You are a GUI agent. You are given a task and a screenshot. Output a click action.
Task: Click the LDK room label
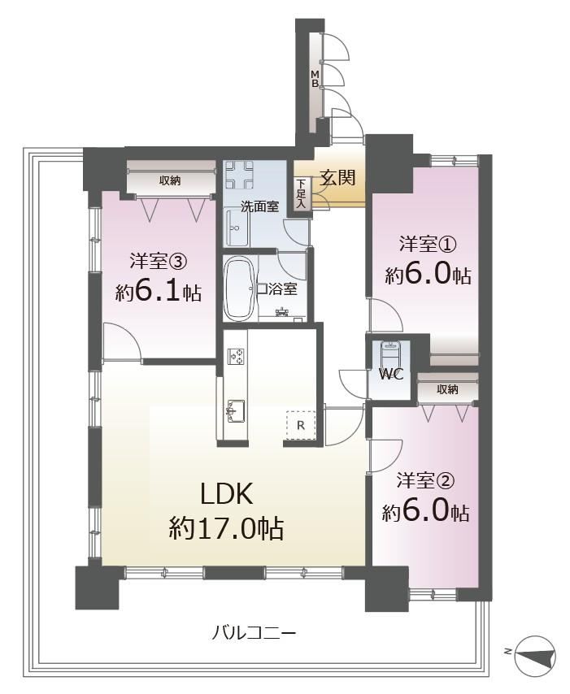(x=226, y=493)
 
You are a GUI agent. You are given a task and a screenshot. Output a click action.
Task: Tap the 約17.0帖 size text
(x=226, y=528)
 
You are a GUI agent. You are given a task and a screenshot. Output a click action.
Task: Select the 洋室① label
(x=428, y=245)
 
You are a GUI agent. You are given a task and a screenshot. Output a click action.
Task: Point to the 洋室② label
(x=425, y=480)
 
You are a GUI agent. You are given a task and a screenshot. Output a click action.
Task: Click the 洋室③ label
(x=158, y=262)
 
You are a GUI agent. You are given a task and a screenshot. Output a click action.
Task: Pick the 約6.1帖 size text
(x=159, y=292)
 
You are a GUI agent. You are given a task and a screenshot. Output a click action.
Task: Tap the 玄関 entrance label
(x=338, y=178)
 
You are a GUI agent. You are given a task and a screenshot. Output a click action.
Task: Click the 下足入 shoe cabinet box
(x=301, y=193)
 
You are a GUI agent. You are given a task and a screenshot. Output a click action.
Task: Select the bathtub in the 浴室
(x=240, y=288)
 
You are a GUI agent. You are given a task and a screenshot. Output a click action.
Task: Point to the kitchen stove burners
(x=235, y=356)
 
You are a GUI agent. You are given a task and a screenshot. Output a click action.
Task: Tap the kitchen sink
(x=235, y=410)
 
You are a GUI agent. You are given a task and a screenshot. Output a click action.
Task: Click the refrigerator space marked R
(x=301, y=425)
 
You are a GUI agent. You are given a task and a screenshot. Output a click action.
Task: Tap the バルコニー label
(x=254, y=633)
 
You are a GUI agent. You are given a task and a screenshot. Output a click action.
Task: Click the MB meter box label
(x=315, y=78)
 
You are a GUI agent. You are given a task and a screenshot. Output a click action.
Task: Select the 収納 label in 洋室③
(x=170, y=180)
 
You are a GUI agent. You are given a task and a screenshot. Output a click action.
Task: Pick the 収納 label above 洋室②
(x=447, y=389)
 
